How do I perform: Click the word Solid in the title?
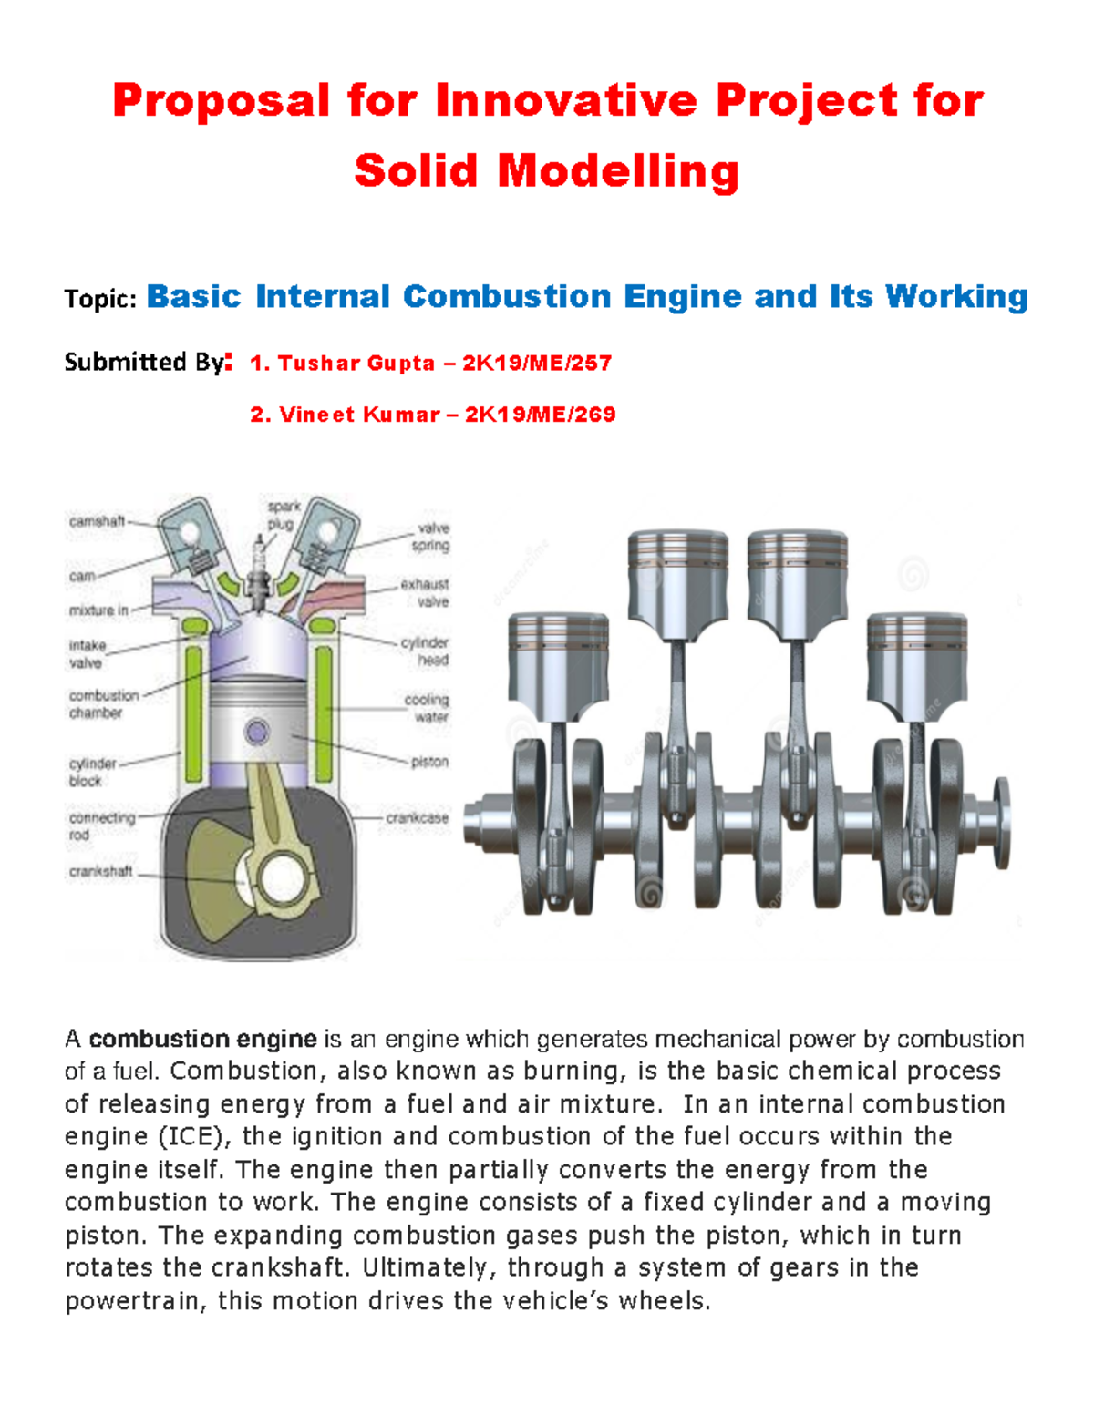(416, 171)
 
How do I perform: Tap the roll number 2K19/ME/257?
(537, 363)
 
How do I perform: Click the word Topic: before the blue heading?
(100, 299)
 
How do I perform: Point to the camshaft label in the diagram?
(97, 521)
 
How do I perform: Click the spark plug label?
(283, 515)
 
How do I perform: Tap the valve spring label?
(431, 537)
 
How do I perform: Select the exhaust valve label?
(426, 592)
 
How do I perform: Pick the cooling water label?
(427, 708)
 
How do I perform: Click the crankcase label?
(417, 818)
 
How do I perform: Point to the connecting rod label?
(101, 825)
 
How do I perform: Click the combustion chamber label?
(103, 703)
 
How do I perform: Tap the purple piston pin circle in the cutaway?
(257, 732)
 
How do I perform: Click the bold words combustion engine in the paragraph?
(202, 1039)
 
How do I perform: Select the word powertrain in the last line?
(133, 1301)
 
